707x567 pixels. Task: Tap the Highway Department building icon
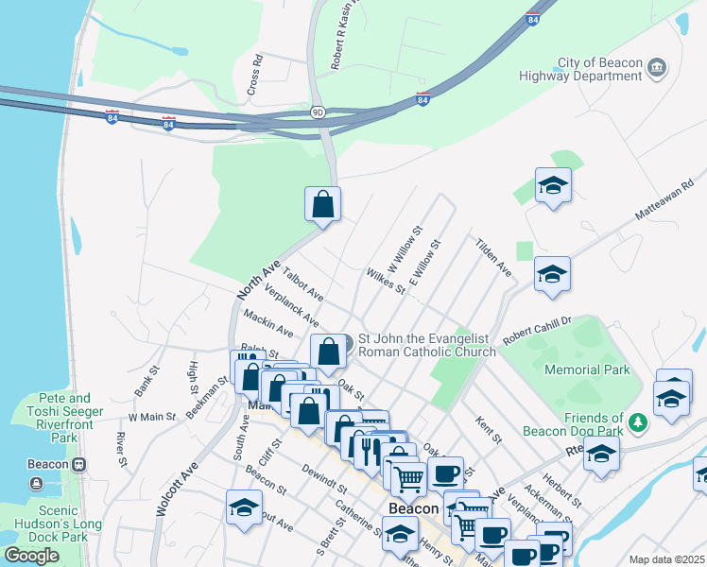pyautogui.click(x=657, y=69)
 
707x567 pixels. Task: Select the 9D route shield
pyautogui.click(x=319, y=112)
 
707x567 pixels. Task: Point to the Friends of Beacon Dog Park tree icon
pyautogui.click(x=639, y=421)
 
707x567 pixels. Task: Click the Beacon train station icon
pyautogui.click(x=79, y=464)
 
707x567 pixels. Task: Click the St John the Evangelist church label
pyautogui.click(x=426, y=346)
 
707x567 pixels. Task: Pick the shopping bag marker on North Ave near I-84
pyautogui.click(x=322, y=204)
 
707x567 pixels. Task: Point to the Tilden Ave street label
pyautogui.click(x=493, y=257)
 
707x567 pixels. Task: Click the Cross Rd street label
pyautogui.click(x=253, y=72)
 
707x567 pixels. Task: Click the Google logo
pyautogui.click(x=31, y=556)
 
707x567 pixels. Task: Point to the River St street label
pyautogui.click(x=121, y=450)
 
